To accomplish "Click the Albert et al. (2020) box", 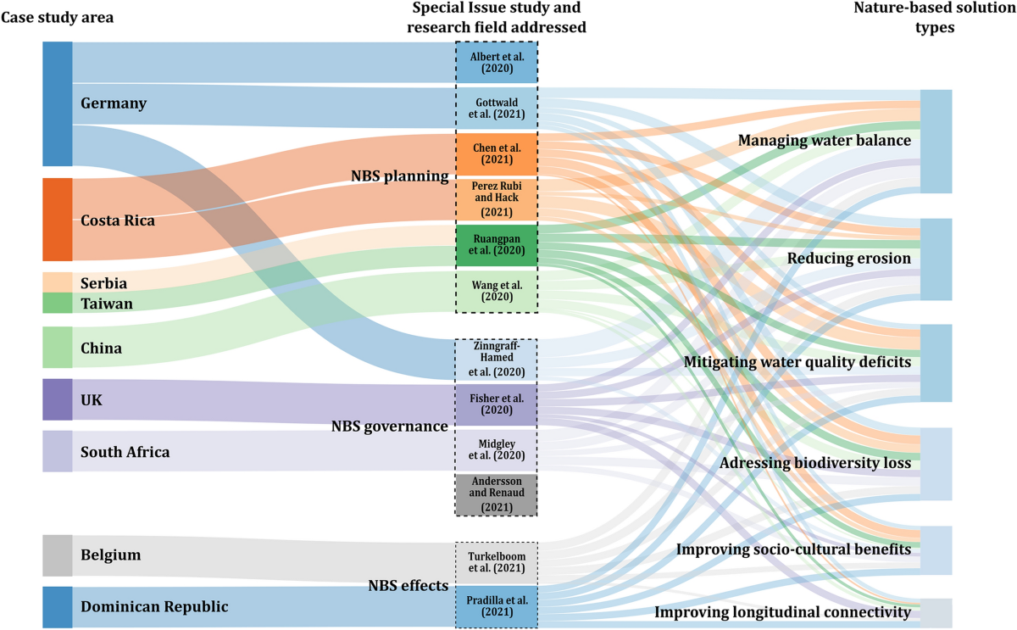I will click(497, 62).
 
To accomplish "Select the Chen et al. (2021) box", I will click(497, 153).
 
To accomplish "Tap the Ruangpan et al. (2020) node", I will click(497, 244).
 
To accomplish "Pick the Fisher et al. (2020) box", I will click(497, 404).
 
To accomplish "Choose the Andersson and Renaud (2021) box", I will click(497, 494).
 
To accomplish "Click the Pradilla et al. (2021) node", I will click(497, 605).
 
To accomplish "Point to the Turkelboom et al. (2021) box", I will click(497, 561).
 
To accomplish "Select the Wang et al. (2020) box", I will click(497, 291).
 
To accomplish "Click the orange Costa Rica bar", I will click(58, 220).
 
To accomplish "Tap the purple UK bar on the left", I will click(58, 399).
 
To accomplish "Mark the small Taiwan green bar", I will click(58, 303).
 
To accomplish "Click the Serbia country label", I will click(103, 283).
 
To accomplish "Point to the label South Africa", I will click(125, 452).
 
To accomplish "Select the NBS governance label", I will click(389, 427).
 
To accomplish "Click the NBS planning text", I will click(399, 176).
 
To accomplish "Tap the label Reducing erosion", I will click(849, 259).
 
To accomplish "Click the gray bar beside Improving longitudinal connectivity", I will click(936, 612).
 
